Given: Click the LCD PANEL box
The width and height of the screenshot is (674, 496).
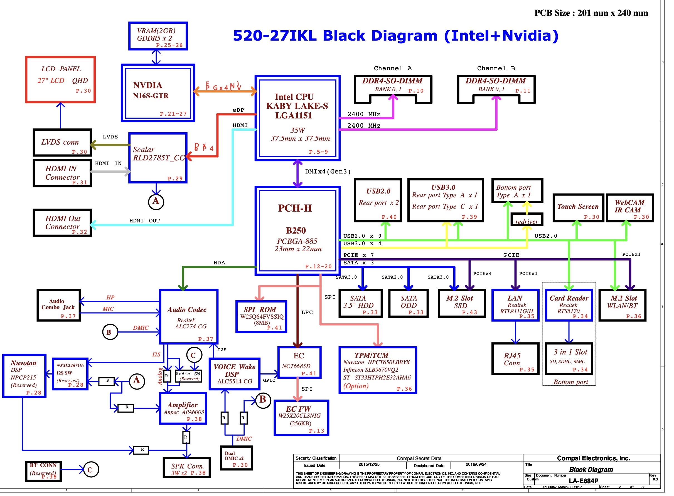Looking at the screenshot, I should (x=60, y=80).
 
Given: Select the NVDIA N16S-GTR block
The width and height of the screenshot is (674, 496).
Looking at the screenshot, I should (x=158, y=93).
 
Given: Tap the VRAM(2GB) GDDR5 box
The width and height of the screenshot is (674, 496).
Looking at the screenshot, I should (x=158, y=36).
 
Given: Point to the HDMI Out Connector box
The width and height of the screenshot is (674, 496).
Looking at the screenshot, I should (x=62, y=223).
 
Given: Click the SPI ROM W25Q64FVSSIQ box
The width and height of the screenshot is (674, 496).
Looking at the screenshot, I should (x=261, y=317).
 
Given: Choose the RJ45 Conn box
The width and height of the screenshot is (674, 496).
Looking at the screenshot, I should (x=515, y=359).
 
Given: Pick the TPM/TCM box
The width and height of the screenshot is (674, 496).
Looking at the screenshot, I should (x=377, y=370).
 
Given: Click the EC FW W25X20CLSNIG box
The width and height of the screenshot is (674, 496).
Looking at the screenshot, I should (x=301, y=418).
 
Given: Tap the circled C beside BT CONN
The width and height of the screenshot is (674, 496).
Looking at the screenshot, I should (x=90, y=470).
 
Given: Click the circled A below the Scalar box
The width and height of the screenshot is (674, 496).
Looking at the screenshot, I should (x=156, y=202).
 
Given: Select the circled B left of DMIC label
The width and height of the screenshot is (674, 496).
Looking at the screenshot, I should (x=110, y=332).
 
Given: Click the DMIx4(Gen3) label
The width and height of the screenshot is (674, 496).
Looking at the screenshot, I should (x=328, y=172).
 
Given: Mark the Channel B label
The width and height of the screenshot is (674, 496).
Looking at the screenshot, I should (x=496, y=68).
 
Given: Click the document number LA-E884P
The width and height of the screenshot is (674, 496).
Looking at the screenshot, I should (x=583, y=481).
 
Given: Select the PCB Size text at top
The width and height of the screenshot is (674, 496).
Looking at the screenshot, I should (x=591, y=13).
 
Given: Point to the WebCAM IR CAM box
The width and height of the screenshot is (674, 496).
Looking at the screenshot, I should (x=629, y=208).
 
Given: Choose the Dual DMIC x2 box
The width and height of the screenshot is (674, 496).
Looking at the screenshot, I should (x=236, y=458).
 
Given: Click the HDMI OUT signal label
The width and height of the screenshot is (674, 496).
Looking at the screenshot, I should (x=144, y=221).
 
